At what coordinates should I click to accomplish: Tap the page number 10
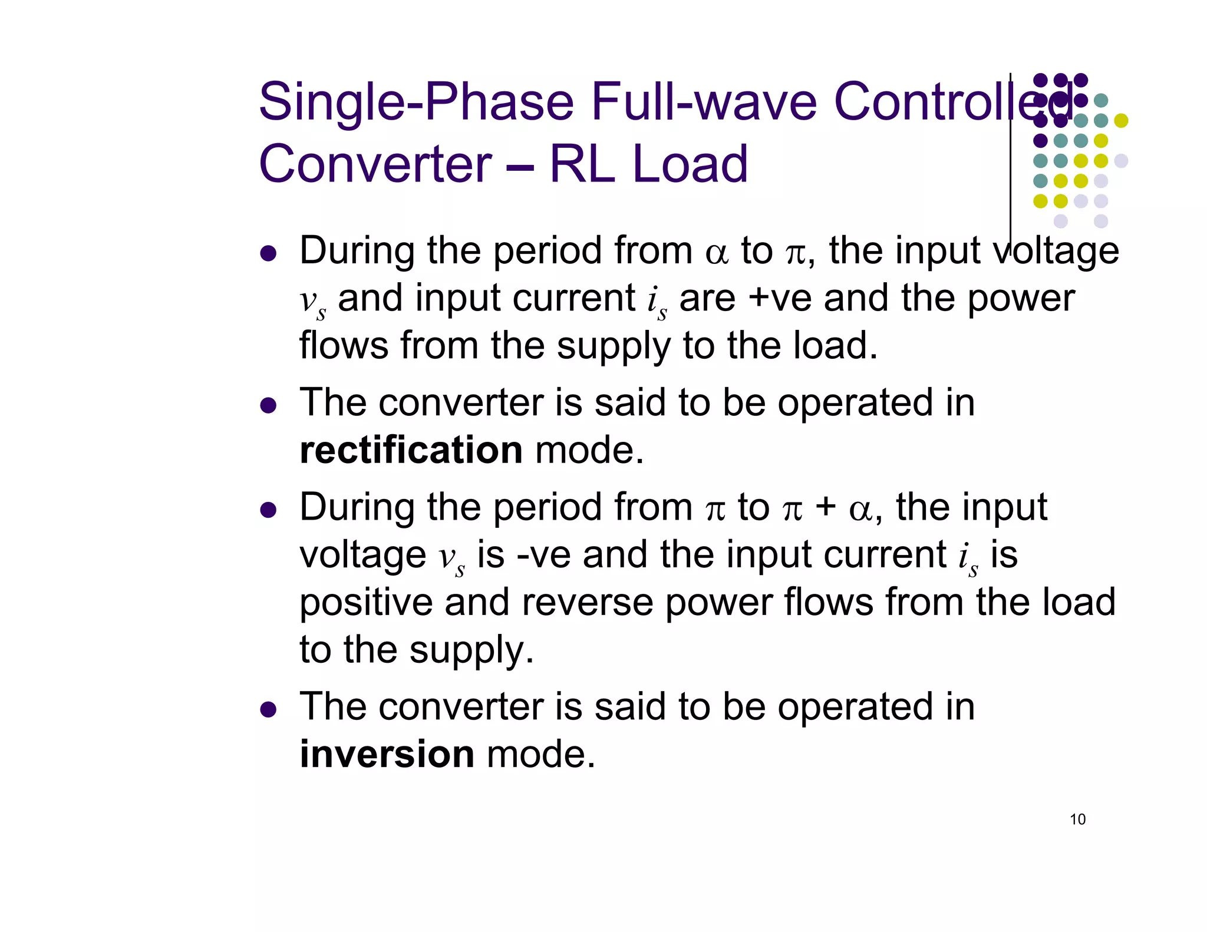1077,819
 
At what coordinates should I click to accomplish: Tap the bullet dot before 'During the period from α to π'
268,253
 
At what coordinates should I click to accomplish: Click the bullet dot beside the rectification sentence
268,405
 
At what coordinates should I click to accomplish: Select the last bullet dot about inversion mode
268,709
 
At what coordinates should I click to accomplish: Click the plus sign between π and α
826,508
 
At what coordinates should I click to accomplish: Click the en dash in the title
520,166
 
